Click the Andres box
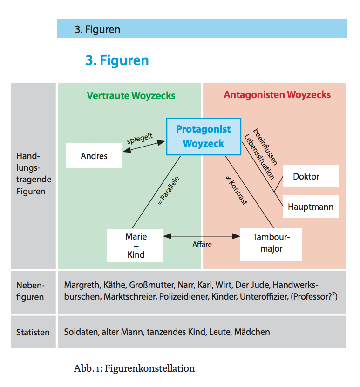pyautogui.click(x=94, y=156)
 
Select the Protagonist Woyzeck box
pyautogui.click(x=203, y=137)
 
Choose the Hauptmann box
pyautogui.click(x=311, y=207)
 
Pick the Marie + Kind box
pyautogui.click(x=135, y=245)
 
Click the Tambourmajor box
pyautogui.click(x=271, y=242)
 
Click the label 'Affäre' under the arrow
pyautogui.click(x=202, y=244)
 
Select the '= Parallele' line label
pyautogui.click(x=168, y=190)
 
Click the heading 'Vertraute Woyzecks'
pyautogui.click(x=131, y=96)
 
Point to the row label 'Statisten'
pyautogui.click(x=33, y=332)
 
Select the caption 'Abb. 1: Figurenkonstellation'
pyautogui.click(x=134, y=368)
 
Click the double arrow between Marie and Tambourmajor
pyautogui.click(x=202, y=236)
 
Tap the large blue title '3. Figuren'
pyautogui.click(x=117, y=60)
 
